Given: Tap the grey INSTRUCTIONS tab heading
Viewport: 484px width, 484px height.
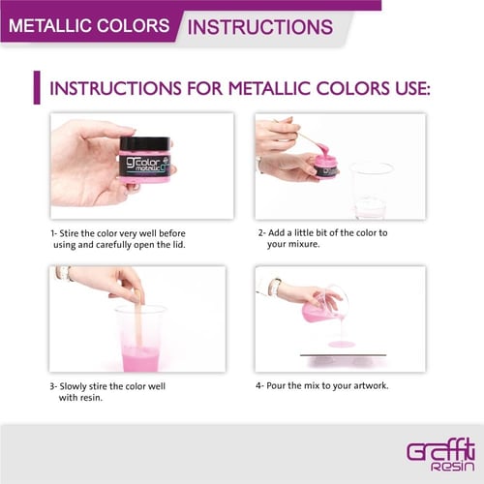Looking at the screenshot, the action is pyautogui.click(x=260, y=27).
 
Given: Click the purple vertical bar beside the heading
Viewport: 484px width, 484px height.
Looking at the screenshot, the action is pyautogui.click(x=37, y=87).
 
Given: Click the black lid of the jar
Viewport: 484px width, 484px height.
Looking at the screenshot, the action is pyautogui.click(x=144, y=143).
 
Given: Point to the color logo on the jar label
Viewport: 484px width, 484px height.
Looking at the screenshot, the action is pyautogui.click(x=144, y=163).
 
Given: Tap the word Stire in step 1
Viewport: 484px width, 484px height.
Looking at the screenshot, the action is pyautogui.click(x=70, y=233).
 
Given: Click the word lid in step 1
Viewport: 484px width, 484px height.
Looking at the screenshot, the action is pyautogui.click(x=179, y=245).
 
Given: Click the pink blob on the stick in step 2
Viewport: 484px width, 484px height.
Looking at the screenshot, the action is pyautogui.click(x=323, y=149).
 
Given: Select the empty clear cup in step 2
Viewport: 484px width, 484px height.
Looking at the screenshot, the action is pyautogui.click(x=371, y=191).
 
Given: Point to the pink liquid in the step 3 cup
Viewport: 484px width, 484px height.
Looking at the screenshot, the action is pyautogui.click(x=140, y=359).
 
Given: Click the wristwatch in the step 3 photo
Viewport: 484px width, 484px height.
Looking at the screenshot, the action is pyautogui.click(x=67, y=273).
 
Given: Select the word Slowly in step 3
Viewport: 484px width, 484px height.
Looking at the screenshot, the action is pyautogui.click(x=73, y=386).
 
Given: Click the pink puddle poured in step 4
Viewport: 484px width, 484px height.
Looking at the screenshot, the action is pyautogui.click(x=342, y=344).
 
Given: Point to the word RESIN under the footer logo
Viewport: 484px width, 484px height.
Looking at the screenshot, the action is pyautogui.click(x=453, y=467).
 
